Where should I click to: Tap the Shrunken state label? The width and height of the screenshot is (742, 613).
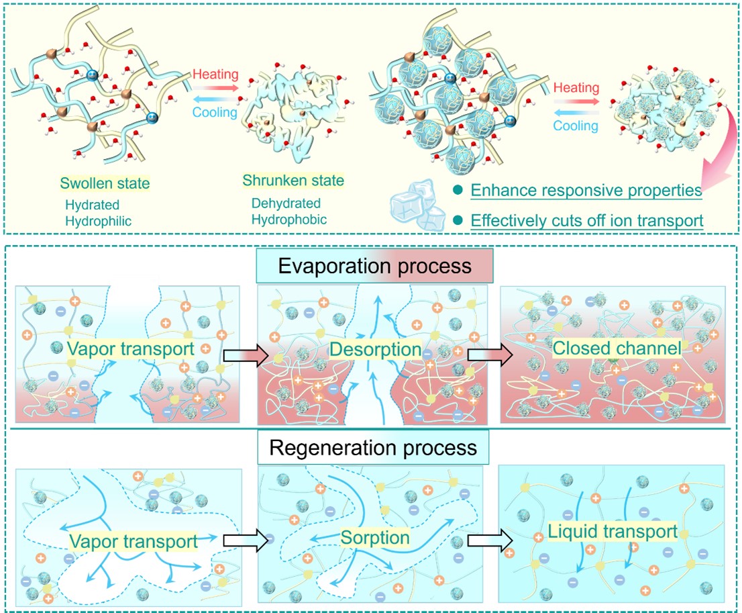point(293,181)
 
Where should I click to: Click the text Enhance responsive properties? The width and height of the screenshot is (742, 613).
point(586,190)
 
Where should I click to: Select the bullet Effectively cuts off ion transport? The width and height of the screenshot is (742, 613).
point(587,220)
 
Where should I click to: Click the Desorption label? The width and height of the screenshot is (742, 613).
point(375,350)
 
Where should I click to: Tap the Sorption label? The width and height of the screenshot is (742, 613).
point(374,537)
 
